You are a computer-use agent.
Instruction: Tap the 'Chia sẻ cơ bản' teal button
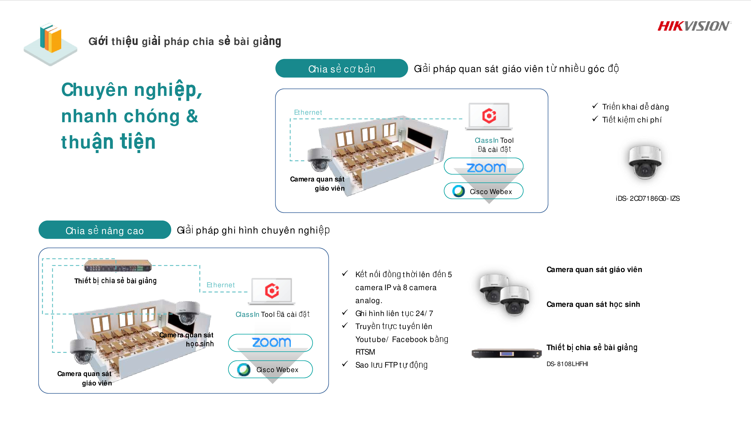point(341,69)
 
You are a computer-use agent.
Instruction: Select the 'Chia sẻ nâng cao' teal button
point(105,230)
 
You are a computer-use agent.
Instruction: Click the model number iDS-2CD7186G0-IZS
point(648,199)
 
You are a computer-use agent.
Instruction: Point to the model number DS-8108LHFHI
point(567,364)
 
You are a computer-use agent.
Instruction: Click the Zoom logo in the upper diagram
point(486,167)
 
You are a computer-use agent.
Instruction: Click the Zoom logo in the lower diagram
point(271,342)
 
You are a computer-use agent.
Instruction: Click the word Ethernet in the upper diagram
point(308,112)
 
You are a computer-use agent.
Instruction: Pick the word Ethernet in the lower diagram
point(220,285)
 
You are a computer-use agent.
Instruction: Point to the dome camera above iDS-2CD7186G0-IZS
point(645,162)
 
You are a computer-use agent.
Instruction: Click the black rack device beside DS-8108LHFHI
point(506,353)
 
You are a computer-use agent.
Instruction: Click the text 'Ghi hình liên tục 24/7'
point(394,313)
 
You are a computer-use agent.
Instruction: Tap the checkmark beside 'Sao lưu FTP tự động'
point(345,364)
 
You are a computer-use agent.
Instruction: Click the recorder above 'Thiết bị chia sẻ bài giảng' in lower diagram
point(118,266)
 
